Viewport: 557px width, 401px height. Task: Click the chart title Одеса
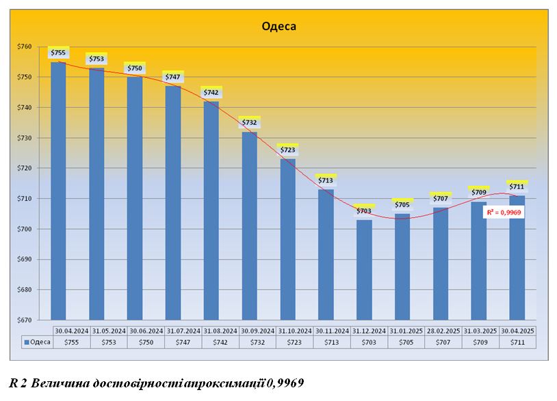(x=278, y=27)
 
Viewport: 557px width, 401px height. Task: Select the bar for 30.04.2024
(x=58, y=191)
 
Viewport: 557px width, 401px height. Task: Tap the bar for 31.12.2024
(x=364, y=270)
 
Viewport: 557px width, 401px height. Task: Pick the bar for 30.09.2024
(x=249, y=225)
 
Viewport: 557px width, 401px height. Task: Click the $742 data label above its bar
(x=211, y=92)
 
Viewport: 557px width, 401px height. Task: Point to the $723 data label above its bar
(x=287, y=150)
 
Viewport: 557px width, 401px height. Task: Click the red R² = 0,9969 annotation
(x=508, y=212)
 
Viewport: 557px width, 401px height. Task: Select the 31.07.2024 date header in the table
(x=182, y=331)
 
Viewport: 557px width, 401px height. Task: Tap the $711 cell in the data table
(x=517, y=342)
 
